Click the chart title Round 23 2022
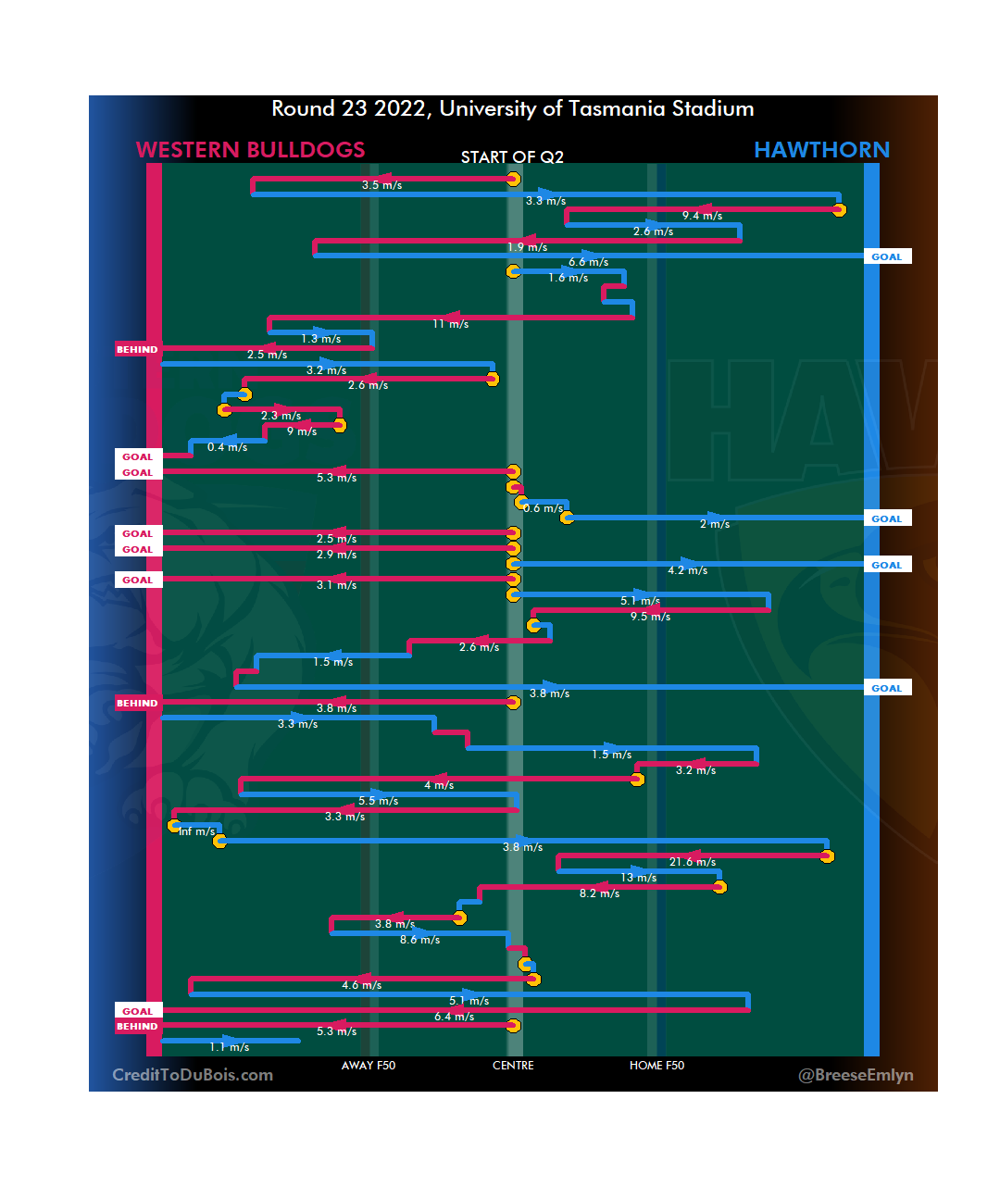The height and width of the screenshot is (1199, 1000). (512, 109)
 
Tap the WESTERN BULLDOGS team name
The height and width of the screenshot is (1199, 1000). (250, 150)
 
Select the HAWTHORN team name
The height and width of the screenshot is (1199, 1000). (821, 150)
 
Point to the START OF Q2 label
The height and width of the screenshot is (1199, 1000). (512, 157)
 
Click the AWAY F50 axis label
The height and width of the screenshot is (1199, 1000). (368, 1066)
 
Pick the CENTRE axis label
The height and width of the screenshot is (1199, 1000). (513, 1066)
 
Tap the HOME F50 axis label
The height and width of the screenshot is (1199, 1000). (656, 1066)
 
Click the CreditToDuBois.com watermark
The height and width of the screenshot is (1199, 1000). (193, 1075)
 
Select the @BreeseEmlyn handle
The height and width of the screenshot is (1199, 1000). (856, 1075)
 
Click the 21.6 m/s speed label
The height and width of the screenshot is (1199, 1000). (693, 862)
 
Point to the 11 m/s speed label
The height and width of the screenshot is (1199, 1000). (451, 324)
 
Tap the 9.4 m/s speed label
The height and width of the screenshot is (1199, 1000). (702, 216)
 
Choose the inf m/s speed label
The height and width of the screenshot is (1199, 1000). (197, 831)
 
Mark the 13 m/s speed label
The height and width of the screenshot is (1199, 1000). (639, 878)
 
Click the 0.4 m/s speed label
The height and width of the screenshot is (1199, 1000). (227, 447)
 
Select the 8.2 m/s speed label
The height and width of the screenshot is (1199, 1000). (599, 893)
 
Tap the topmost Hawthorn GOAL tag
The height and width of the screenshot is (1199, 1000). (886, 257)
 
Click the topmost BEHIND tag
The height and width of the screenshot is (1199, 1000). (137, 350)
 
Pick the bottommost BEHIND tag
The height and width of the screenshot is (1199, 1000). (137, 1027)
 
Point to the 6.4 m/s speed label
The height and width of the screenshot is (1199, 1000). (454, 1017)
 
